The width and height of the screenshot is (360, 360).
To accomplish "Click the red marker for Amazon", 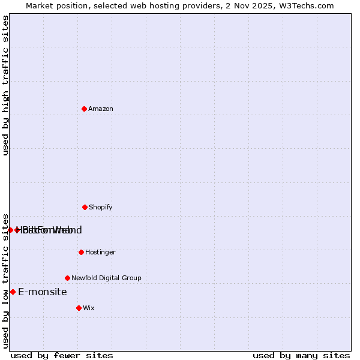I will pyautogui.click(x=84, y=109).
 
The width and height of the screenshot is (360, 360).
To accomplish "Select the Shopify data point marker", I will pyautogui.click(x=85, y=207).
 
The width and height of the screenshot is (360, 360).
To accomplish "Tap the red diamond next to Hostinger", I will pyautogui.click(x=81, y=252).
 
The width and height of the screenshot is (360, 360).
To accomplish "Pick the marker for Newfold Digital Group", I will pyautogui.click(x=67, y=278).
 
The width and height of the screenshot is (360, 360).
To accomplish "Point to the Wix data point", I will pyautogui.click(x=79, y=308).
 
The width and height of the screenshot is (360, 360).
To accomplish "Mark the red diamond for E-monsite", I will pyautogui.click(x=13, y=292).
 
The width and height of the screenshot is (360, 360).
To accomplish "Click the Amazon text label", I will pyautogui.click(x=101, y=109).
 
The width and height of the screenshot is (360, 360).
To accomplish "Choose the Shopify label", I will pyautogui.click(x=101, y=207).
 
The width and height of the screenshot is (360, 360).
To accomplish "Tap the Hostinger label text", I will pyautogui.click(x=100, y=252).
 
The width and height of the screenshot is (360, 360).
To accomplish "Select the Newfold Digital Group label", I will pyautogui.click(x=106, y=278).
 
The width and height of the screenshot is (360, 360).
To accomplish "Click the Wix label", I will pyautogui.click(x=89, y=308).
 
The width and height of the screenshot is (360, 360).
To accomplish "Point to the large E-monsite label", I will pyautogui.click(x=43, y=292).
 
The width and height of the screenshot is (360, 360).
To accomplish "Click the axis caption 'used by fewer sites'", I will pyautogui.click(x=62, y=355).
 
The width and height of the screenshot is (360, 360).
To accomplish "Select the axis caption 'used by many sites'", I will pyautogui.click(x=301, y=355).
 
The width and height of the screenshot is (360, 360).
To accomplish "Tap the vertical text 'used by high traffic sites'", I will pyautogui.click(x=5, y=85).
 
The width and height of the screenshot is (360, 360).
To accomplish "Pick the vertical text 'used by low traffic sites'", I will pyautogui.click(x=5, y=280).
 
